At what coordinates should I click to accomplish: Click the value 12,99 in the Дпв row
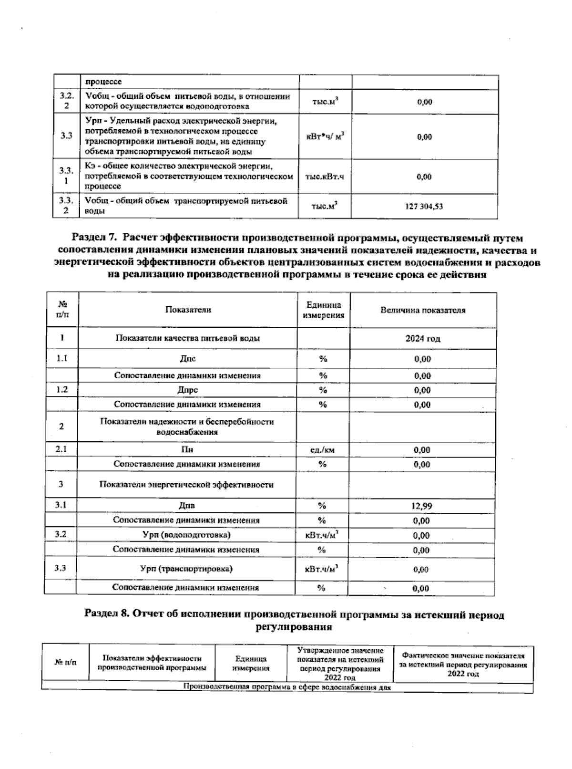422,506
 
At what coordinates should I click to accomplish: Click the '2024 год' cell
423,339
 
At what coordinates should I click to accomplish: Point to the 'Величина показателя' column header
423,310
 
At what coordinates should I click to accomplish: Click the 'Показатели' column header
188,310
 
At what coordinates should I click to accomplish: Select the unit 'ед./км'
322,450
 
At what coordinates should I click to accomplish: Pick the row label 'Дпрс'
187,390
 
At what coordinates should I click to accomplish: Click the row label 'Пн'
187,449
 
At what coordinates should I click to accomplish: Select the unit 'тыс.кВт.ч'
325,177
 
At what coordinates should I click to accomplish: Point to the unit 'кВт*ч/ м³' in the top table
325,137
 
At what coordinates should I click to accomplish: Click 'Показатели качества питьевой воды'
188,338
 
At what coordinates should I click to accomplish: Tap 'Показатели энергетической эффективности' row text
186,485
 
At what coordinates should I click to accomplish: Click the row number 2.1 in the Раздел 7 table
61,449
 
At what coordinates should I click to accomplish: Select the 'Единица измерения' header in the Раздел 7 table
324,310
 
